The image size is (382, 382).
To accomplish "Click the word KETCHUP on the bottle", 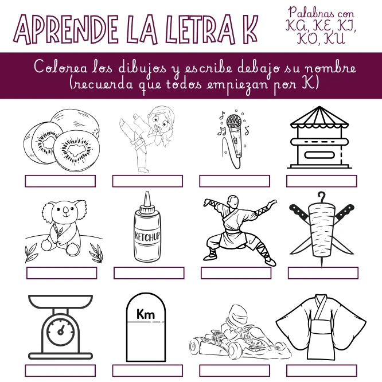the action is [147, 236].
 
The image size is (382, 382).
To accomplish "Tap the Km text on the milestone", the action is [146, 314].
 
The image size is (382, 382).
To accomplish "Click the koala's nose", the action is [65, 210].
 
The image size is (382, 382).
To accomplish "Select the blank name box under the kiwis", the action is [60, 181].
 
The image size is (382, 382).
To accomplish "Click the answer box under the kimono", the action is [322, 371].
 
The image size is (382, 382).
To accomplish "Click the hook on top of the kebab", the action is [322, 197].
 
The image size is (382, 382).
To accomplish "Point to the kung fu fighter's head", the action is [233, 201].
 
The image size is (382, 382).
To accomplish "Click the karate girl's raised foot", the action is [123, 123].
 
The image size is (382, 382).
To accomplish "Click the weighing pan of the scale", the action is [60, 302].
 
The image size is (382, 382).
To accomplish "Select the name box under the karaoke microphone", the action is [235, 181].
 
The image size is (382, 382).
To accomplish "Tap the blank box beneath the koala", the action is [61, 273].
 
